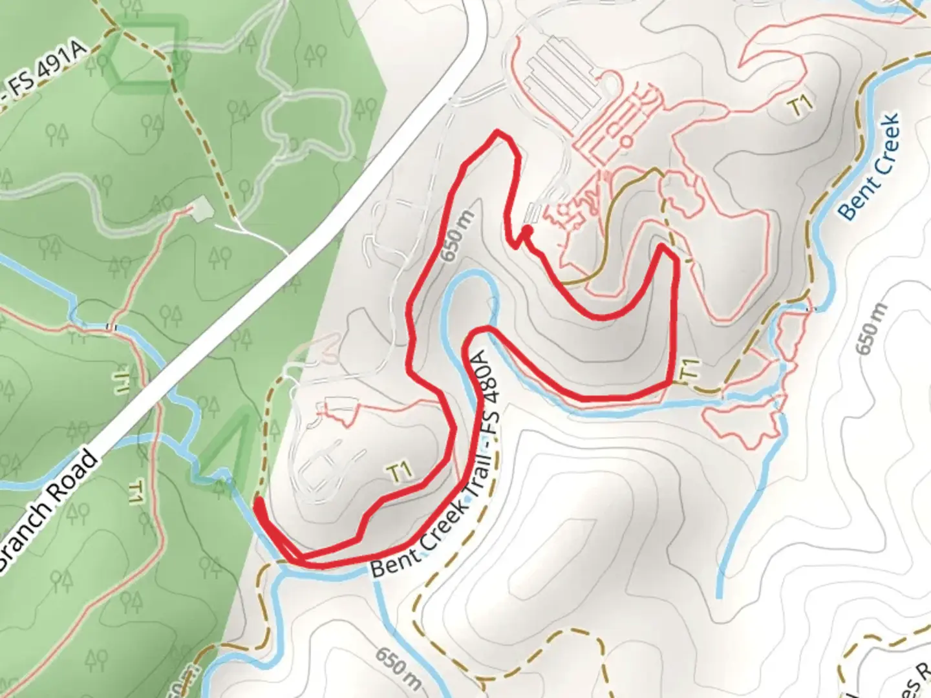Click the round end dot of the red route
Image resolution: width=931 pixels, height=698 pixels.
pos(528,230)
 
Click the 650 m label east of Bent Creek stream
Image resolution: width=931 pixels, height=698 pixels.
pos(870,329)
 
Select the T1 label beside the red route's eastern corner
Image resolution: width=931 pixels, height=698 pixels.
pos(690,370)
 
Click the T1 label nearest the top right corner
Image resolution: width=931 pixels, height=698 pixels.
pos(802,105)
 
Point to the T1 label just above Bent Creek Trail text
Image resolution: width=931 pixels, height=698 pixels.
pos(401,472)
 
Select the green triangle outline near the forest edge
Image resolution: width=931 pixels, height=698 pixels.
pos(226,446)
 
